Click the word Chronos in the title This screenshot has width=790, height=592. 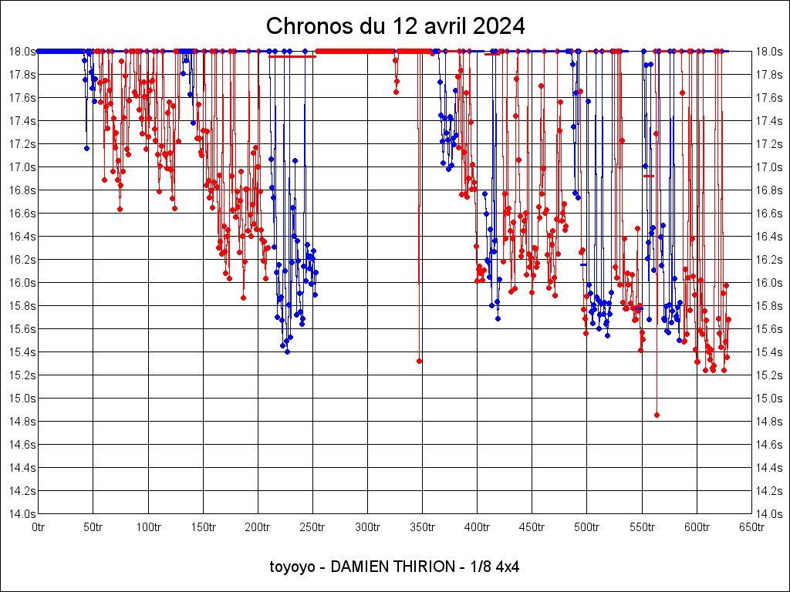[304, 26]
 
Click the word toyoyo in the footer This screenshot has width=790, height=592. [292, 567]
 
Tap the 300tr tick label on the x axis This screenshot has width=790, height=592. [367, 527]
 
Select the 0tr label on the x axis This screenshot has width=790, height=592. [39, 527]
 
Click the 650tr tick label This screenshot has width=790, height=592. [751, 527]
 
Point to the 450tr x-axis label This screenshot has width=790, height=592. [532, 527]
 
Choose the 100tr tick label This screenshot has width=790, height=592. [148, 527]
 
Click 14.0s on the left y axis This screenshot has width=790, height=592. [22, 513]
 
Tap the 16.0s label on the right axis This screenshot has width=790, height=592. [768, 282]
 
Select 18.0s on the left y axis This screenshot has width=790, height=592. [22, 51]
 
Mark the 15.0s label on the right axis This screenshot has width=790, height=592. [768, 398]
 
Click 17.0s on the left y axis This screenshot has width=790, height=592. [22, 166]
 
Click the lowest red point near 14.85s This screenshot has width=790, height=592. [657, 415]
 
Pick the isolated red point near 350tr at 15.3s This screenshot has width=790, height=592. [419, 361]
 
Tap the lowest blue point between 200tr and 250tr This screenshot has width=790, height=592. [287, 351]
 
